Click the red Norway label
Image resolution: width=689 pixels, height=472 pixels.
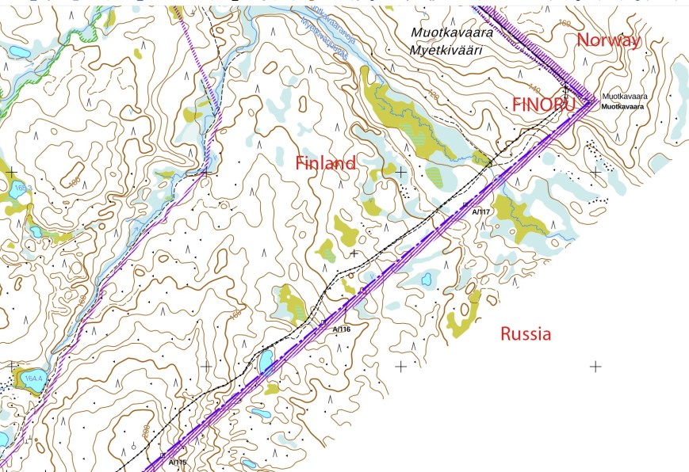(x=608, y=41)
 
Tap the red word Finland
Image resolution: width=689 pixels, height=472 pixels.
(x=325, y=164)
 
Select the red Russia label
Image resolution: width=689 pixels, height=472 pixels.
(x=525, y=334)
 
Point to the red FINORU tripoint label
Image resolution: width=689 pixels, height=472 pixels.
(x=543, y=104)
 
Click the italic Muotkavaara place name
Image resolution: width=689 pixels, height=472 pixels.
(x=452, y=32)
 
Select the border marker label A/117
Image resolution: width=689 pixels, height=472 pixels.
(x=480, y=212)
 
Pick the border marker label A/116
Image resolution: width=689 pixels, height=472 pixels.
(x=341, y=329)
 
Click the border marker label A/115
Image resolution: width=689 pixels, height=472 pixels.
(x=178, y=462)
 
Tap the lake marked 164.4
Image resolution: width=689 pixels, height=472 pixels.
(x=32, y=379)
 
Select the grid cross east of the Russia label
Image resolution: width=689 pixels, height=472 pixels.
(x=595, y=366)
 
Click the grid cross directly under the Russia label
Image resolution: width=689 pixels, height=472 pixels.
(x=400, y=366)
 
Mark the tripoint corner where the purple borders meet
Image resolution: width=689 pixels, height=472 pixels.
(x=593, y=101)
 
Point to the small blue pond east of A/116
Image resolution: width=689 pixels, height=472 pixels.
(x=427, y=279)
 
